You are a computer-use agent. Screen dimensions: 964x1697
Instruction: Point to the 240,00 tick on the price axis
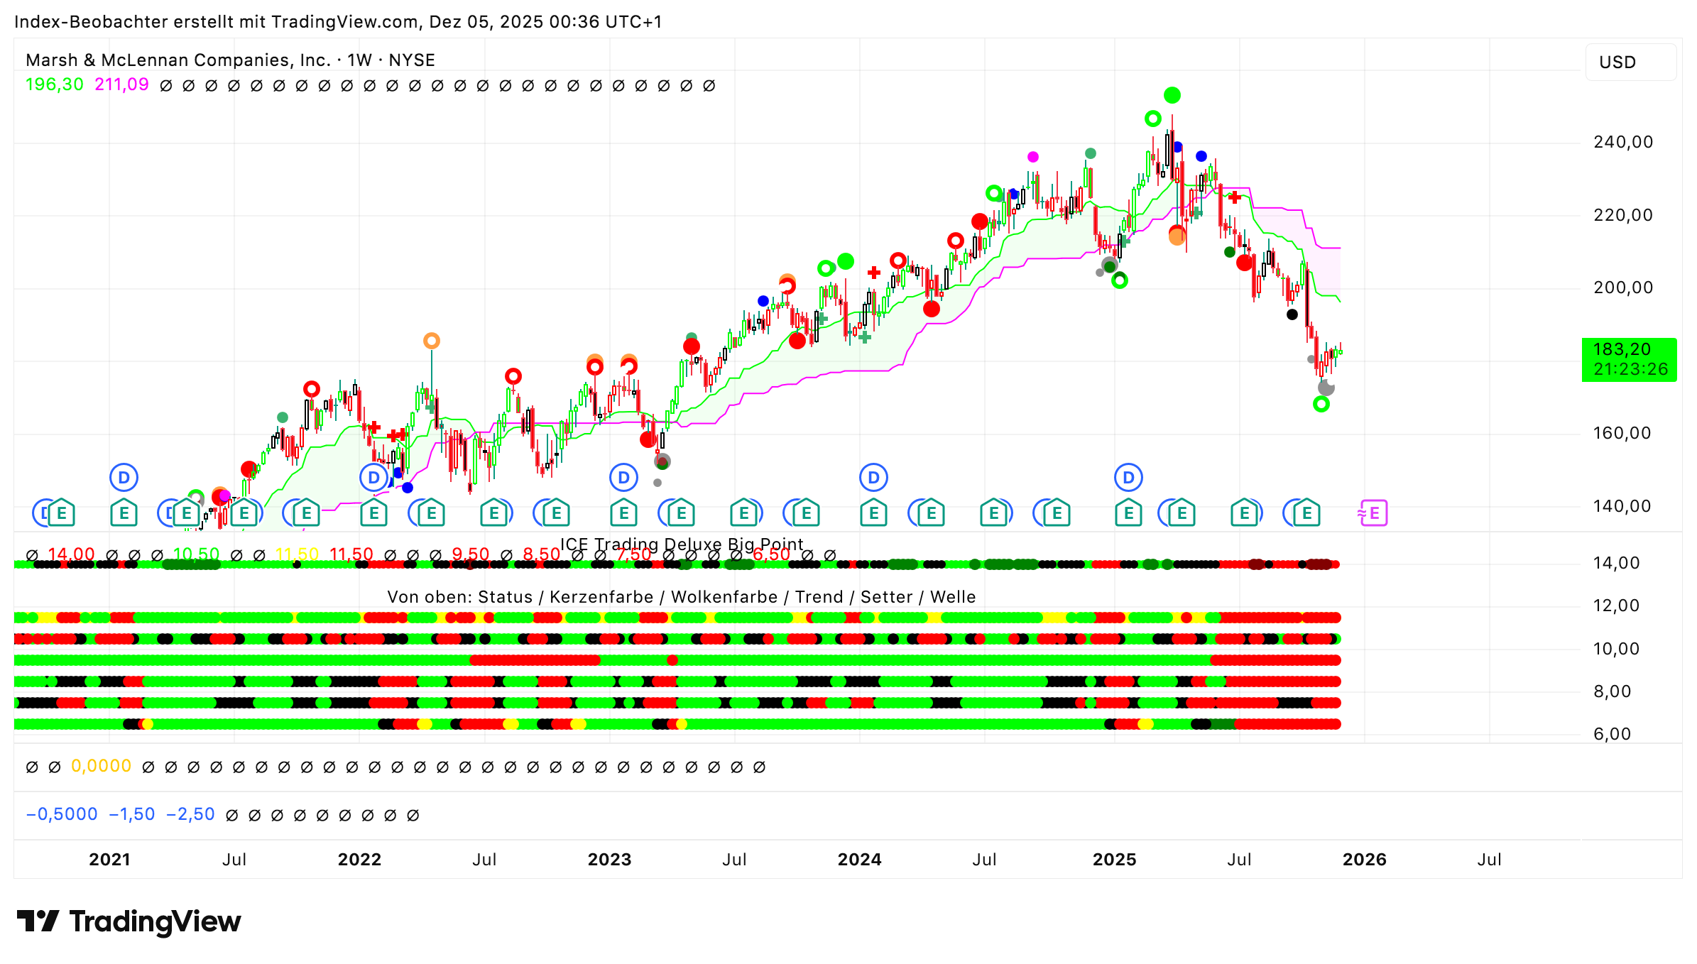[x=1622, y=142]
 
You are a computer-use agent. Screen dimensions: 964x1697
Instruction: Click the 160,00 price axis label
[x=1622, y=433]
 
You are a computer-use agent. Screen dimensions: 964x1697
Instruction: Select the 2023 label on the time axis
[x=609, y=860]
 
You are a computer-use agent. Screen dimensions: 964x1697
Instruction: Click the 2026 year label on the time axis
[x=1364, y=860]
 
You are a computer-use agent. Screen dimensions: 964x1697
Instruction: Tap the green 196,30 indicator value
[x=54, y=84]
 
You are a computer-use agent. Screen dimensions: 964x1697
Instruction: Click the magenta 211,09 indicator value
[x=121, y=84]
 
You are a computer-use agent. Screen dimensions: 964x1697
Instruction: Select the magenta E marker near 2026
[x=1373, y=513]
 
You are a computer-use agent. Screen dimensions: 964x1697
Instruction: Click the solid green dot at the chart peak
[x=1172, y=95]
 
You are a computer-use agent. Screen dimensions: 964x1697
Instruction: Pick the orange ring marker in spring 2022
[x=431, y=341]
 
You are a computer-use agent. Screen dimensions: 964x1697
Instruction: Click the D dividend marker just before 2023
[x=623, y=478]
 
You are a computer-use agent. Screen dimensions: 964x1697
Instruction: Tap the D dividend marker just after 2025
[x=1128, y=478]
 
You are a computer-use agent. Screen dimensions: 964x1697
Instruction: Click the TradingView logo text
[x=155, y=921]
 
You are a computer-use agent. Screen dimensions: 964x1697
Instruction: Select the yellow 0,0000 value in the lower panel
[x=101, y=766]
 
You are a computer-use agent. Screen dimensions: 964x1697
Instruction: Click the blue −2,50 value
[x=190, y=814]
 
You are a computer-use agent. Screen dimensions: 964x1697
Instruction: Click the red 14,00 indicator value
[x=71, y=554]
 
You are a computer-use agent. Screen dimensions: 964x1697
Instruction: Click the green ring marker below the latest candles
[x=1321, y=405]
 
